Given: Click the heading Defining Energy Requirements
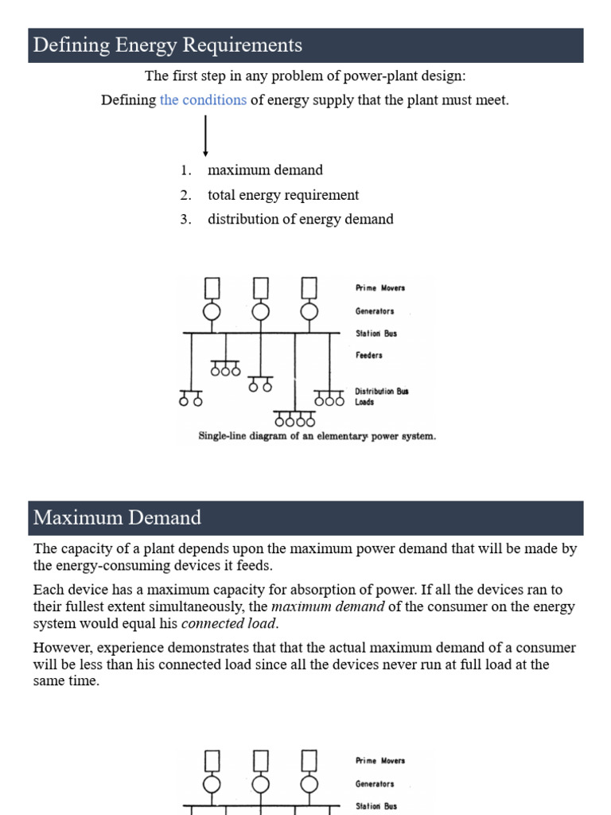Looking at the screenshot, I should pos(168,45).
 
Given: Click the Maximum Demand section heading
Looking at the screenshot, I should pos(117,518).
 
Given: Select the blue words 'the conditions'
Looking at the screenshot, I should pos(203,100).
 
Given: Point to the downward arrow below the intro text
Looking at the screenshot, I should pos(206,136).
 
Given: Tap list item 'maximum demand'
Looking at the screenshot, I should pos(265,170).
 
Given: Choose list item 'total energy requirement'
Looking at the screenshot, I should pos(283,195).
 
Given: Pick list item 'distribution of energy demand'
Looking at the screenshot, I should pos(300,219).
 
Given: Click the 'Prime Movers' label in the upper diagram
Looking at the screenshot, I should pos(379,288).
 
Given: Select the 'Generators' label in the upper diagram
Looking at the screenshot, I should pos(374,311).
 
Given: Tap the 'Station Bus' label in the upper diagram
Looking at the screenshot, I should pos(376,333).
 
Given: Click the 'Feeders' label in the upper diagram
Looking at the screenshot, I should pos(368,355).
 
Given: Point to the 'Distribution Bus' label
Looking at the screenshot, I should pos(381,392).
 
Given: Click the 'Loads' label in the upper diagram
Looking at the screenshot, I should pos(364,402).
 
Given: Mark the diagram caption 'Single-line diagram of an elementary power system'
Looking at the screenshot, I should pos(317,436).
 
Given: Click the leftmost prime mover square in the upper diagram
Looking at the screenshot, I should pos(212,286).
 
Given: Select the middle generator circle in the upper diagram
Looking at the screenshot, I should pos(260,311).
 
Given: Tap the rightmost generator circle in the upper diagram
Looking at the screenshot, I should pos(309,311).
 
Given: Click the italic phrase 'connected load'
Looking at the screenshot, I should pos(229,623).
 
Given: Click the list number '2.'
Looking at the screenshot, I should pos(186,195).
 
